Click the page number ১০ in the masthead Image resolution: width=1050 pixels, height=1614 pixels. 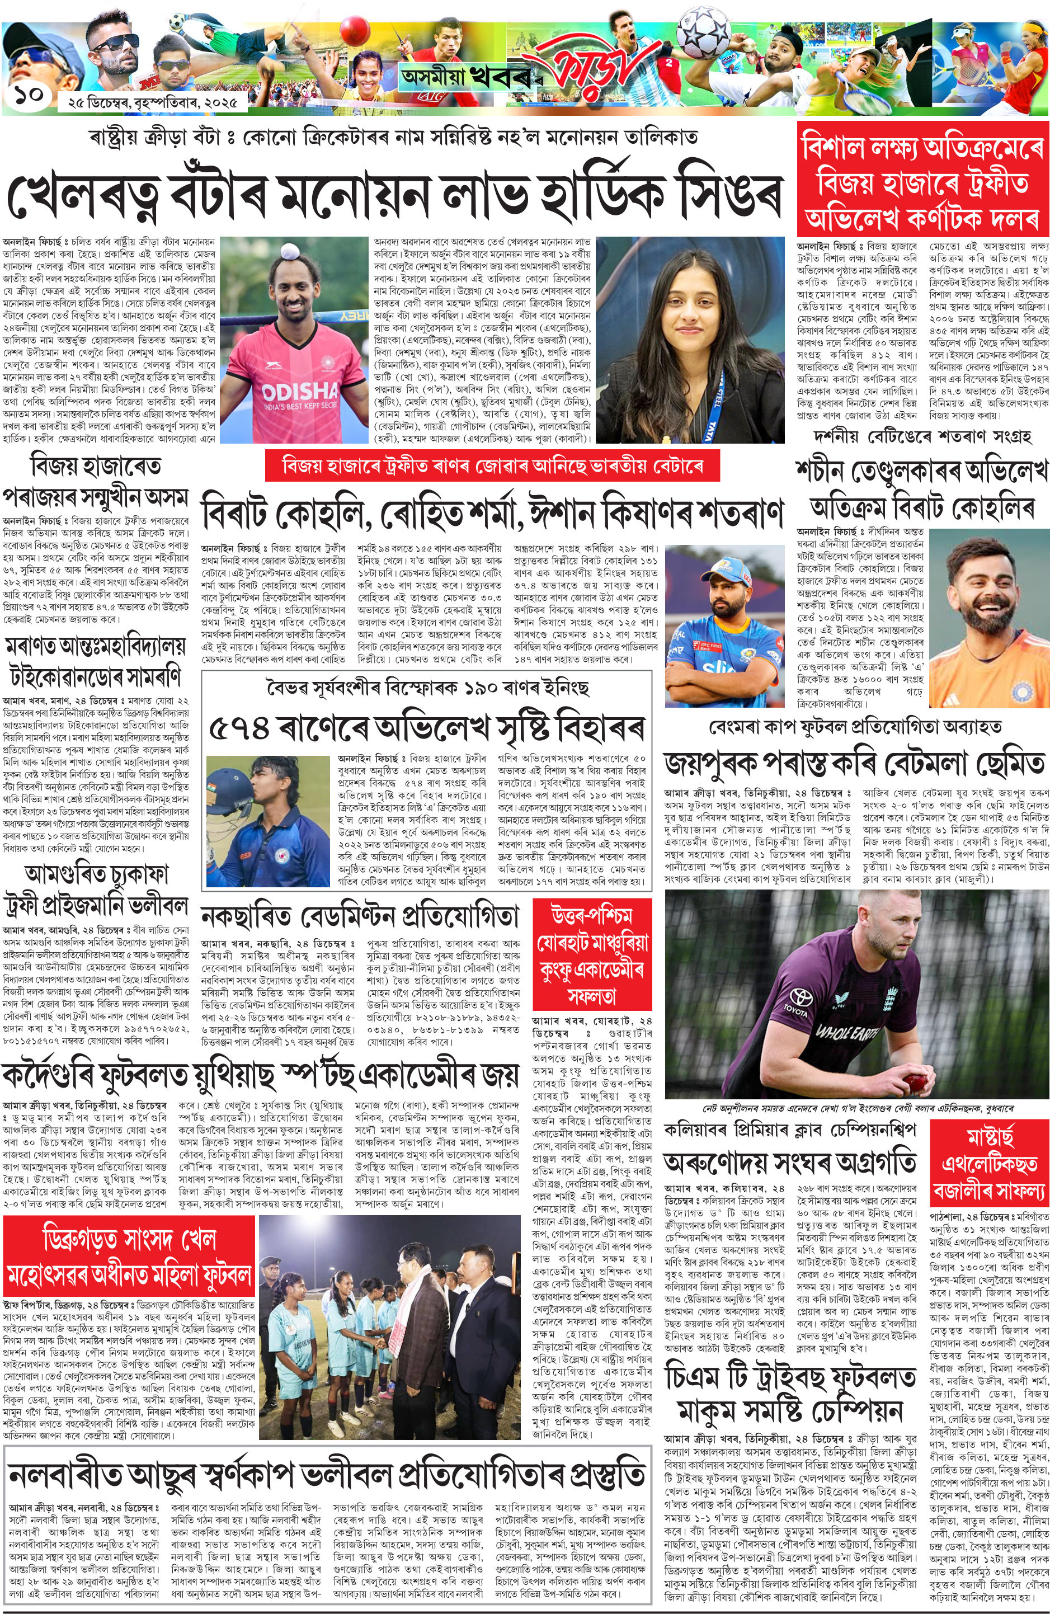[x=28, y=94]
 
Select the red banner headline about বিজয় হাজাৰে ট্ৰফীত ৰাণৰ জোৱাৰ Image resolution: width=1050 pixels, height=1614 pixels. [x=492, y=466]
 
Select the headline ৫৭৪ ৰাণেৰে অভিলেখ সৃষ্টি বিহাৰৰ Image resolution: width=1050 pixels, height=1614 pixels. [x=426, y=728]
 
